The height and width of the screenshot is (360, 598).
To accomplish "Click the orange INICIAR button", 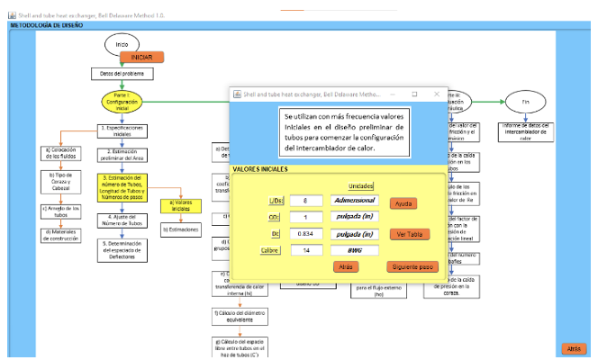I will [x=141, y=56].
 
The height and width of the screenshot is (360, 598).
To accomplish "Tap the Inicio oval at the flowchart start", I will [x=122, y=43].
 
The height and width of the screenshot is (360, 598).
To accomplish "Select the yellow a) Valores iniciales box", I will [x=181, y=205].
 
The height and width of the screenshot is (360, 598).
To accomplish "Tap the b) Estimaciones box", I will [x=181, y=229].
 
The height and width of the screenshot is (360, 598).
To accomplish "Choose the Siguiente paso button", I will [x=412, y=267].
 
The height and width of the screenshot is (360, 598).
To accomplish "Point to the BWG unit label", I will [x=353, y=249].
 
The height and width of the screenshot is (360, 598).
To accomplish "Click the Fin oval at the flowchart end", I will [x=525, y=102].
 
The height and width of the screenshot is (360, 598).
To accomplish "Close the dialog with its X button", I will [x=438, y=94].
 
